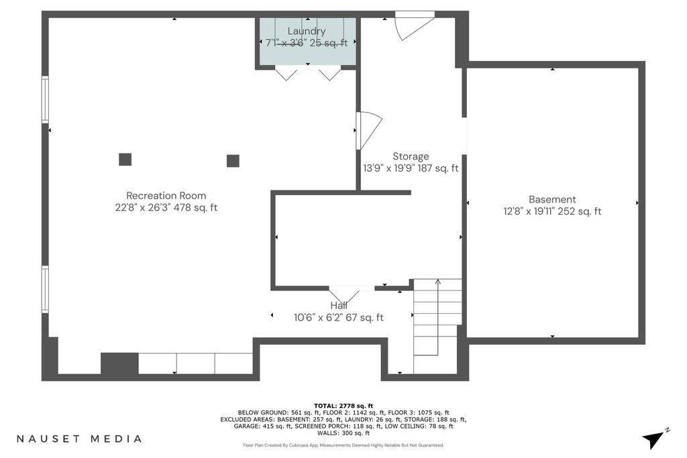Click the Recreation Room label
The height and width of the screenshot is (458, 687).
[x=166, y=196]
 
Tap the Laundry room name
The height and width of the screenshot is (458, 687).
[x=306, y=32]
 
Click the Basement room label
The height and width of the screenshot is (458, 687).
[x=552, y=200]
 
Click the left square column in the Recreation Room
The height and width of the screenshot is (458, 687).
[x=125, y=160]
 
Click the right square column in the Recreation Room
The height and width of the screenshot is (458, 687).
[x=233, y=161]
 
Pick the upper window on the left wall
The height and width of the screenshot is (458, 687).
[x=45, y=99]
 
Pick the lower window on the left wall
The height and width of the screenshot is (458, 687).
[x=45, y=289]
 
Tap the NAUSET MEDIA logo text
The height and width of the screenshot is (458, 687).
[x=79, y=439]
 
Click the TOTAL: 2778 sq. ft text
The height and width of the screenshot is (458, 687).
[x=343, y=406]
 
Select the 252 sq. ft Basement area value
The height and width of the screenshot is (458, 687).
[x=581, y=211]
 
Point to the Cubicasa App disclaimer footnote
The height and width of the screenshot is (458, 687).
[x=343, y=445]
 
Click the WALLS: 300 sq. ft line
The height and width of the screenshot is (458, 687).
[x=343, y=433]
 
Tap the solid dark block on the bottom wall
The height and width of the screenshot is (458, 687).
[x=119, y=363]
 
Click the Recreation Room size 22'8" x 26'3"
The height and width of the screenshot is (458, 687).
[x=143, y=208]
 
